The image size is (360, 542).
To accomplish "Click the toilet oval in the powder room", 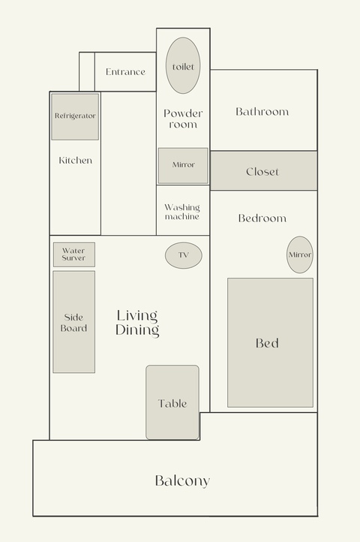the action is pos(183,65).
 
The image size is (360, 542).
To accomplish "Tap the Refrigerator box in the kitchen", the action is pos(75,117).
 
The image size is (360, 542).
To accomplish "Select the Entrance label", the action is pos(125,72).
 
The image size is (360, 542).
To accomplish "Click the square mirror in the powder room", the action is pos(183,166).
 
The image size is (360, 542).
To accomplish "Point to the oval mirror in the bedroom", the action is pos(300,254).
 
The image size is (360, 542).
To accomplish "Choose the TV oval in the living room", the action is pos(184,255).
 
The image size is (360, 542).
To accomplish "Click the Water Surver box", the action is pos(74,254).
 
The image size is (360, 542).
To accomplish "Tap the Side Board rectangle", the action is pos(74,322).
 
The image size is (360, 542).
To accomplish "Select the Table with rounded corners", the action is pos(172,402).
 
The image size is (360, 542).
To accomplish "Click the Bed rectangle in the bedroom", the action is pos(270,342).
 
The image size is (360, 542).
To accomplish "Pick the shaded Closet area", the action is pos(263,170).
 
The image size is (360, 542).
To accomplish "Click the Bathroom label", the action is pos(262,112).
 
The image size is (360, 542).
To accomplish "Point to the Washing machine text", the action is pos(182,212).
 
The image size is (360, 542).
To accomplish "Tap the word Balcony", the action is pos(182,480).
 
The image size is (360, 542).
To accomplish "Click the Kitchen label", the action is pos(75,161).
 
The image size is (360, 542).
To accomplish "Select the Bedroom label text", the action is pos(262,218).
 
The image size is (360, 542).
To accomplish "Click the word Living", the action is pos(137,316).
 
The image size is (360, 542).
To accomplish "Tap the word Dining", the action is pos(137,330).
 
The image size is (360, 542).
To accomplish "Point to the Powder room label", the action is pos(183,119).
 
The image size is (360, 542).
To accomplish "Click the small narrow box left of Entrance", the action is pos(87,72).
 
